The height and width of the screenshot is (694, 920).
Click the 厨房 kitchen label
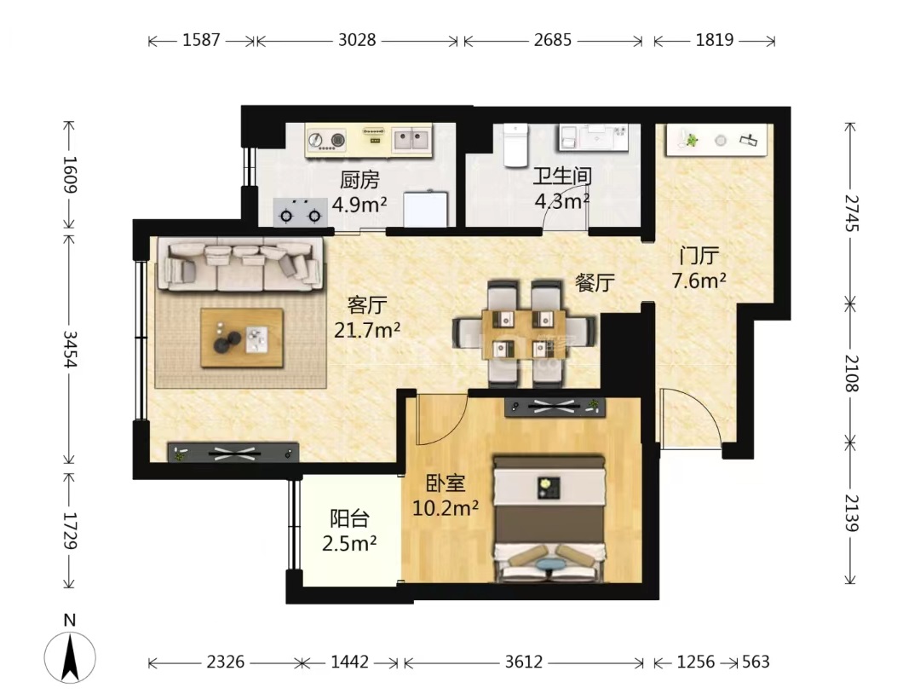[x=359, y=180]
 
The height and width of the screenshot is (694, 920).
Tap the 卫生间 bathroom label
[x=562, y=176]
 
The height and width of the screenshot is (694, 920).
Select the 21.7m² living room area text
[x=366, y=330]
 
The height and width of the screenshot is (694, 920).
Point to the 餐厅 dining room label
[x=595, y=282]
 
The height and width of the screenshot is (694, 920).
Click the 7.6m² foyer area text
[x=699, y=280]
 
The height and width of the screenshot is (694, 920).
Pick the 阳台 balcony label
[x=350, y=518]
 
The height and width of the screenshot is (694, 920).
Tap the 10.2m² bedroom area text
[x=446, y=508]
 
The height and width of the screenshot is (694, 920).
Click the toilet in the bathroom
[x=515, y=145]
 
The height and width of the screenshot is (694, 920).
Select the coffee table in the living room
[x=242, y=338]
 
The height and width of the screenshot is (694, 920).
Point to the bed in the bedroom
[x=549, y=519]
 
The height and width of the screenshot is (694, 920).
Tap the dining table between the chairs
[x=523, y=333]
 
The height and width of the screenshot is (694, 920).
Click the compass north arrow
[x=71, y=657]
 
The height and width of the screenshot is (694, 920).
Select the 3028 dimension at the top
[x=357, y=40]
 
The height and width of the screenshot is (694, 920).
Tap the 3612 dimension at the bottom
[x=524, y=662]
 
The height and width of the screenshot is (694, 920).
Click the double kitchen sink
[x=411, y=140]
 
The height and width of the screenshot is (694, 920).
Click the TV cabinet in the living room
[x=233, y=452]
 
